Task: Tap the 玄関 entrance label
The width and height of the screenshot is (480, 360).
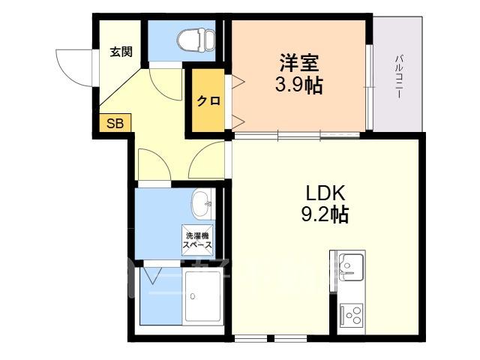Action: [x=121, y=52]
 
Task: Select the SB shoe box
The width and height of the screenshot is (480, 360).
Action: [x=115, y=123]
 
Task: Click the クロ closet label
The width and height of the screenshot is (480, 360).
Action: [x=208, y=100]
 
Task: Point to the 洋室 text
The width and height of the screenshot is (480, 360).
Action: [x=298, y=63]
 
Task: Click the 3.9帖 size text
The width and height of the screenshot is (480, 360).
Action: [x=298, y=85]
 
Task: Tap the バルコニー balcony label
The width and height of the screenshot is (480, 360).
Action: [x=398, y=76]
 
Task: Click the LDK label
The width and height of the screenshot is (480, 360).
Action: [x=325, y=193]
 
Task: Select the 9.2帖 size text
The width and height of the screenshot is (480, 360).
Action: [x=325, y=214]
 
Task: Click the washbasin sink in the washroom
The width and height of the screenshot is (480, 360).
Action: [x=202, y=204]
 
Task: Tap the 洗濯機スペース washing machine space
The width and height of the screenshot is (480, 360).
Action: [x=197, y=240]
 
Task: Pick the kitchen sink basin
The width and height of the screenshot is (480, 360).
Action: [x=352, y=267]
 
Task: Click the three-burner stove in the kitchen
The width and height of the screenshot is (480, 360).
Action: [x=352, y=314]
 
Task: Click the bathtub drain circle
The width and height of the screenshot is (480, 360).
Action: [x=193, y=296]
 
